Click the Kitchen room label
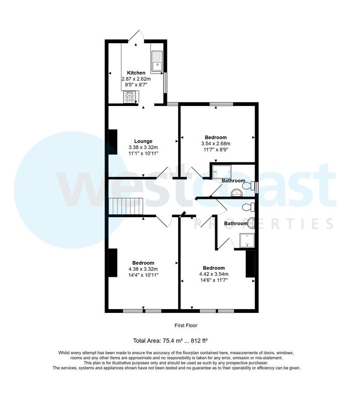click(136, 73)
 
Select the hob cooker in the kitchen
click(131, 97)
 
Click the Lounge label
click(143, 141)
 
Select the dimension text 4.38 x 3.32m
click(143, 269)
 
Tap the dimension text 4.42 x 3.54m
click(213, 274)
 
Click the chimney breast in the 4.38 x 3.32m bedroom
click(112, 263)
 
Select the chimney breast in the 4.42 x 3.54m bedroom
click(250, 264)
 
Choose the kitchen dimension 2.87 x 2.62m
click(136, 79)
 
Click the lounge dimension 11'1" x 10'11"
click(143, 153)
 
